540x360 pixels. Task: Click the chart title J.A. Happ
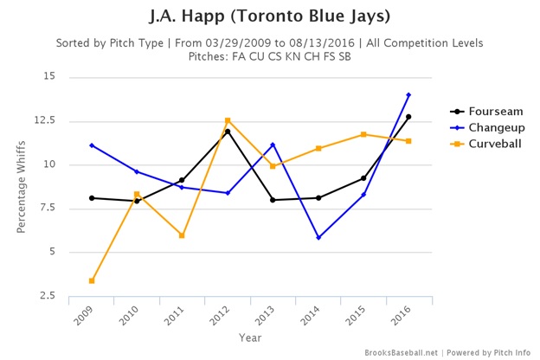269,17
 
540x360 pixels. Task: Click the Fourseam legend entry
491,112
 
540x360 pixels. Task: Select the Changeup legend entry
492,127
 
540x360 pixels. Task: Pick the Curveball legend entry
491,143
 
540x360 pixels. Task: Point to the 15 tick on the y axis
49,77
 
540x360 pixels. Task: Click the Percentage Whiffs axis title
20,186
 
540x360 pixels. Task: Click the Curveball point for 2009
92,280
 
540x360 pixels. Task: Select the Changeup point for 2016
408,95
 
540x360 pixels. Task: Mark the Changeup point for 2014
318,237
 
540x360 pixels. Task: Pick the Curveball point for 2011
182,235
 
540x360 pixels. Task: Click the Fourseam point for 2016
408,117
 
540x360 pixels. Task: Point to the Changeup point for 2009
92,145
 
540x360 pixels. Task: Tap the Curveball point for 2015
363,134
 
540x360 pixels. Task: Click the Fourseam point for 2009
92,198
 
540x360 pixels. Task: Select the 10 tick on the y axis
49,164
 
